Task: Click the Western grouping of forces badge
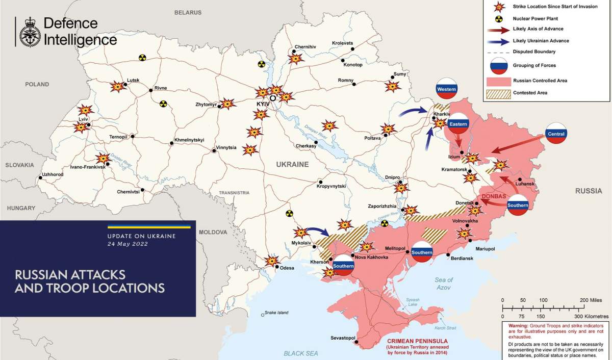[x=446, y=90]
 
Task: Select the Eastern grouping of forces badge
[x=458, y=123]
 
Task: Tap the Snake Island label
[x=276, y=313]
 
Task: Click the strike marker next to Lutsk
[x=118, y=86]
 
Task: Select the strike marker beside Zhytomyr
[x=227, y=104]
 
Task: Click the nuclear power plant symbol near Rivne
[x=163, y=104]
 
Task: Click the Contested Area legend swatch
[x=498, y=93]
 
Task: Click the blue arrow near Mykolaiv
[x=316, y=232]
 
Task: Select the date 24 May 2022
[x=128, y=244]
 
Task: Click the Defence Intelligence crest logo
[x=30, y=32]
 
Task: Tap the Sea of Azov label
[x=444, y=284]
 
